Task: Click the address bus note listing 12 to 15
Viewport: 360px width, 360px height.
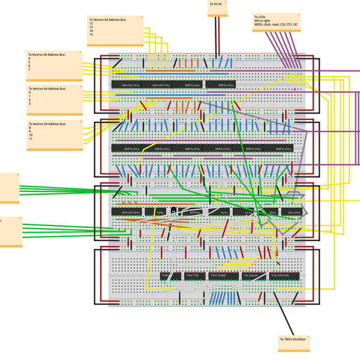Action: coord(115,30)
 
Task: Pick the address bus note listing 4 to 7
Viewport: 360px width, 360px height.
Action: coord(55,66)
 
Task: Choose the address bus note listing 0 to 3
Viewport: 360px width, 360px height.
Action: coord(55,99)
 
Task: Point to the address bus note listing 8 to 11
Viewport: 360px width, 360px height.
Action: coord(55,135)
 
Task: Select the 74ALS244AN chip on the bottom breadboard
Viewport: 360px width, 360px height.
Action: coord(286,276)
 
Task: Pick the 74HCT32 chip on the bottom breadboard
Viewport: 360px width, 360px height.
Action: coord(194,276)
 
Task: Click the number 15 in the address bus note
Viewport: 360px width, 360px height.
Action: coord(91,35)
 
